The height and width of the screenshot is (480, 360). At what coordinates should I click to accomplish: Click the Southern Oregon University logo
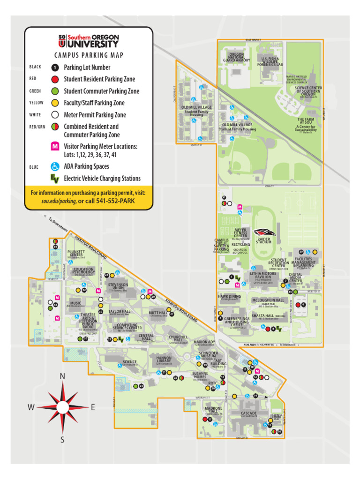pos(89,41)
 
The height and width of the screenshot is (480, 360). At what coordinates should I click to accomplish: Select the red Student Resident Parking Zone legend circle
pos(55,79)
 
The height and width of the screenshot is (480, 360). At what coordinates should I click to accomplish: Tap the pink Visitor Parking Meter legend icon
pos(55,146)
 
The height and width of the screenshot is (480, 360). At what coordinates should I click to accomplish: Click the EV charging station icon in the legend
pos(55,178)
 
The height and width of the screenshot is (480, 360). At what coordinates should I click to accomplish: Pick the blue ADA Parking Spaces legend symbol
pos(55,166)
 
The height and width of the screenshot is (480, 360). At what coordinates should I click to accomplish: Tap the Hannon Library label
pos(164,360)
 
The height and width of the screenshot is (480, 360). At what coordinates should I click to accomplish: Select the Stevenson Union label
pos(118,286)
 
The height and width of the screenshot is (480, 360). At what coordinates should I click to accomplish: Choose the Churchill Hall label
pos(178,339)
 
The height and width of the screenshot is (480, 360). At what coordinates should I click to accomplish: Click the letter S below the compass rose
pos(62,439)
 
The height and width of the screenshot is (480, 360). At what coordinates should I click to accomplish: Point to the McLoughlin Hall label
pos(268,300)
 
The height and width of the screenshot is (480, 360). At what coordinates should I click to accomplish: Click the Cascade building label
pos(248,414)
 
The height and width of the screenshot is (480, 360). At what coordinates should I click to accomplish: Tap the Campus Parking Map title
pos(89,55)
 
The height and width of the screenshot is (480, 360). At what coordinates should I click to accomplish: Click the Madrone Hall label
pos(213,410)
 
